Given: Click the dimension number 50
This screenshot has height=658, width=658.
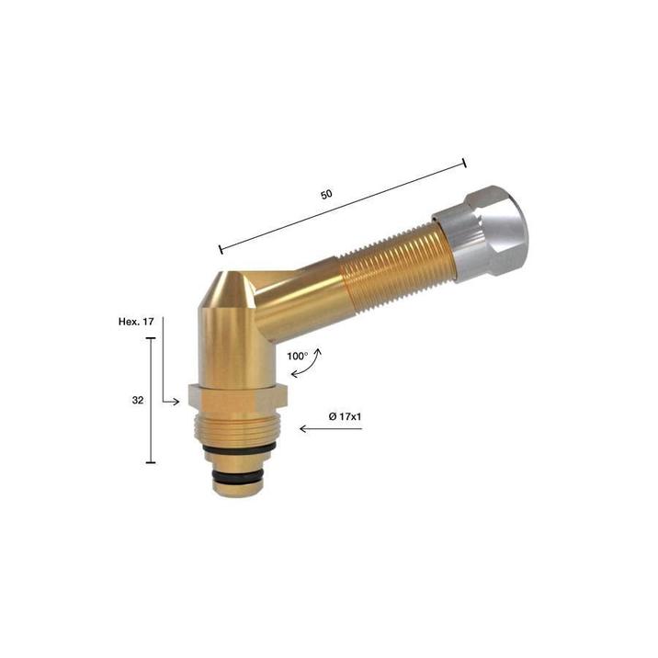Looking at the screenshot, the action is point(326,194).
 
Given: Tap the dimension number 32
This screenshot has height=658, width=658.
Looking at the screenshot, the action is point(138,401).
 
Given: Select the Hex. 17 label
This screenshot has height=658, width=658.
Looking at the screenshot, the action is point(136,322).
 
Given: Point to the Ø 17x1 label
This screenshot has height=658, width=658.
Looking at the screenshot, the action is point(345,416).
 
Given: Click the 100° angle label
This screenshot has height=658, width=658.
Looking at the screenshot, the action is point(298,357).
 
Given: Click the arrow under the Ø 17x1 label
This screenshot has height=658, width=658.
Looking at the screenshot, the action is point(331,429).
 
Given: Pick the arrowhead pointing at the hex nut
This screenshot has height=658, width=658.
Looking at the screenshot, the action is point(176,402).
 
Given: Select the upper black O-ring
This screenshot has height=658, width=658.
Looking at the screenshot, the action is point(238,449).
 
